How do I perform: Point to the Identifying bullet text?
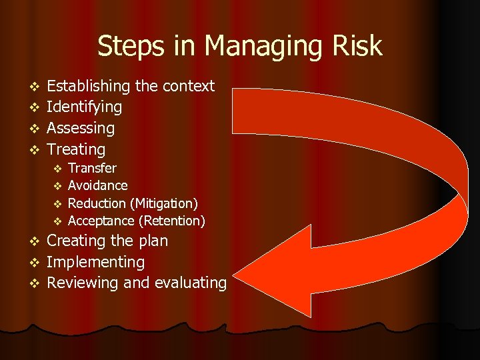(x=84, y=107)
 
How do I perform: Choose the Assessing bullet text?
(x=81, y=129)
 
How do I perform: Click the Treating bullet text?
(x=76, y=150)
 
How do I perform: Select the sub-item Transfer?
(x=92, y=168)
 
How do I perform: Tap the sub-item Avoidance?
(x=97, y=185)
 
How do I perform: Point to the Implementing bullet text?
(x=95, y=263)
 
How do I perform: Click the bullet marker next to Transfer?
(x=57, y=169)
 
